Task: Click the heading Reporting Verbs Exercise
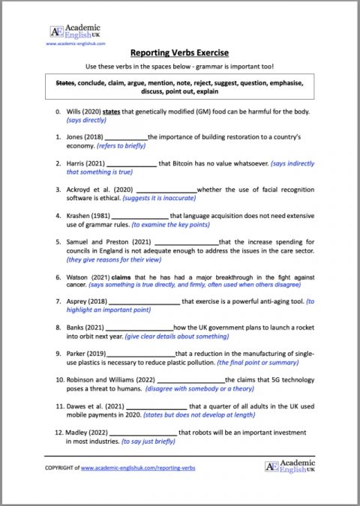[x=179, y=53]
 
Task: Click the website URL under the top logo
[x=78, y=43]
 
